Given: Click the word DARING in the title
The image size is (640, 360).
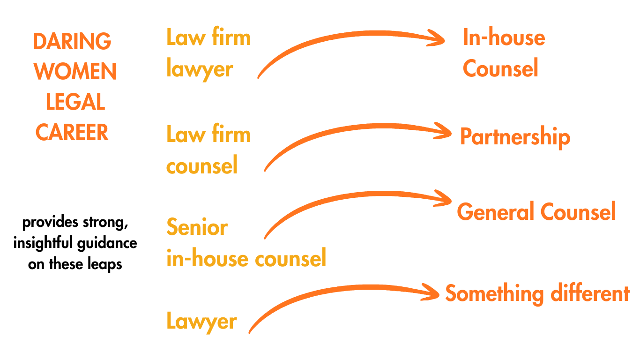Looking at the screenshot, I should coord(72,42).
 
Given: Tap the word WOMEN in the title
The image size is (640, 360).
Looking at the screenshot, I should coord(75,72).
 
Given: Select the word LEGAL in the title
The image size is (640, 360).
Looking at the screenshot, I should coord(75,102).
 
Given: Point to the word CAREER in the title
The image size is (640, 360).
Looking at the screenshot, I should coord(72,133).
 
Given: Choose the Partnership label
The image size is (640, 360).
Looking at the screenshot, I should coord(515,137).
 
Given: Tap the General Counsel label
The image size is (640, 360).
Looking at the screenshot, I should coord(536,212).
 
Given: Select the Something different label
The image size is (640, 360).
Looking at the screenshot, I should coord(537,294).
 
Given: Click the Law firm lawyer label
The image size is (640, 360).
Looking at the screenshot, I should coord(208,53).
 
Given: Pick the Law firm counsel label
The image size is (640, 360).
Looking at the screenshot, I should coord(208,150).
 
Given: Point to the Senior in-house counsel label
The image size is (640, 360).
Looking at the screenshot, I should coord(246,243).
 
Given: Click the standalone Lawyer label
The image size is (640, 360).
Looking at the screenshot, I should coord(201,322).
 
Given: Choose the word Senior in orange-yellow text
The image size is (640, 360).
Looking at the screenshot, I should coord(197,228).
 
